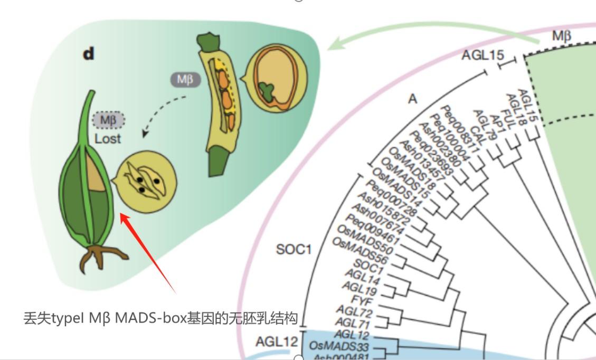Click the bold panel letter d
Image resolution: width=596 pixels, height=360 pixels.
coord(89,54)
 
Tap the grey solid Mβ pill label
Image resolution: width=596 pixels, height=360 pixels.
coord(185,80)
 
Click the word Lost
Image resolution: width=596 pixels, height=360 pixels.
coord(108,139)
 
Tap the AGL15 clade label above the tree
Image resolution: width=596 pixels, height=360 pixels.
coord(483,55)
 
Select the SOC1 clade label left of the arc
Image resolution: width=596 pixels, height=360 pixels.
coord(294,249)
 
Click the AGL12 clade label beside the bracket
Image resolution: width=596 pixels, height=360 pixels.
coord(277,342)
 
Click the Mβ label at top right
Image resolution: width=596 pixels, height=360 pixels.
coord(562,36)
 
